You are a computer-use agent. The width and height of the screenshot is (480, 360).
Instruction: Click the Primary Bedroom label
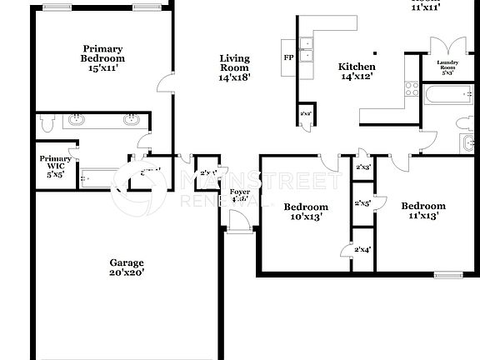[102, 59]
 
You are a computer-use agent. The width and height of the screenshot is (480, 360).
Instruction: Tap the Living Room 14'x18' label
[234, 67]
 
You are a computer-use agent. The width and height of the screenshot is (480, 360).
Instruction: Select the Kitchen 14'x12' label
[356, 72]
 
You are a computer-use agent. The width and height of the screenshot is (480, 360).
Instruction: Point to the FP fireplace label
[288, 57]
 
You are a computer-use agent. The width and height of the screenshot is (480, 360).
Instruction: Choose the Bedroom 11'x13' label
[422, 211]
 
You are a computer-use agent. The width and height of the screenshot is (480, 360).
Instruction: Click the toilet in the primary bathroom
[47, 122]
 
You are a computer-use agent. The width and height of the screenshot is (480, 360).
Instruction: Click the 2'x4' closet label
[362, 250]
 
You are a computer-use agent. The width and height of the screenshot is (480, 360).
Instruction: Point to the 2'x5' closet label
[362, 203]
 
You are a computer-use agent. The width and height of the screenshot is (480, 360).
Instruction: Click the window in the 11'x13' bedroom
[448, 274]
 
